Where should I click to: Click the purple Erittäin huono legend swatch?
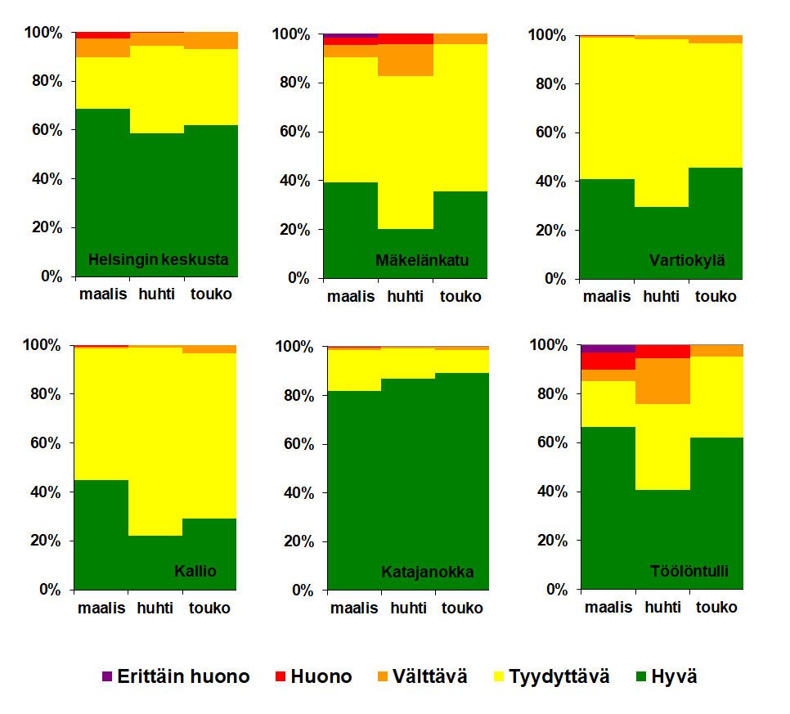pos(106,676)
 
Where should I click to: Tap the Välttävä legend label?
pos(430,677)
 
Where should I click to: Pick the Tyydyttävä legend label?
pos(559,677)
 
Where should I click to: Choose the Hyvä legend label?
pos(674,677)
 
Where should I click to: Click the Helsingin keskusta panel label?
pos(158,262)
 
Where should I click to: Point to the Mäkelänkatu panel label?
pos(422,262)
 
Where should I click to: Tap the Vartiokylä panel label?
pos(686,262)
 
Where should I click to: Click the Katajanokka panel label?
pos(427,573)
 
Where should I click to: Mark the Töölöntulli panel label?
pos(689,571)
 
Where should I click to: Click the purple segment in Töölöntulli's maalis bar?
pos(608,348)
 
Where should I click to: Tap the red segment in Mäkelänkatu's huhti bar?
pos(406,38)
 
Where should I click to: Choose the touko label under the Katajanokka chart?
pos(463,608)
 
